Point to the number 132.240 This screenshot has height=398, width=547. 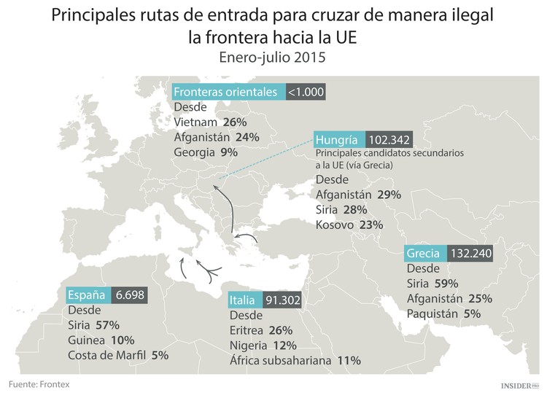[x=471, y=254]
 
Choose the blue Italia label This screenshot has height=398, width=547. [x=242, y=300]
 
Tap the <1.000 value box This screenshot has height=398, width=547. [x=305, y=92]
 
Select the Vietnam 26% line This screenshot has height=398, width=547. [x=208, y=122]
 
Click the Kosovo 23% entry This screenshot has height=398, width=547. [x=349, y=225]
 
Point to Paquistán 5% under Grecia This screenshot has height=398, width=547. [x=444, y=314]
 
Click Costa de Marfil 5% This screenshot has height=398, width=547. [x=117, y=355]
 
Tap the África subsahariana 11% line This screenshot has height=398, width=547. [x=295, y=360]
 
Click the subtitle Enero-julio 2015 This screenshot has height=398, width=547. [x=273, y=56]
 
